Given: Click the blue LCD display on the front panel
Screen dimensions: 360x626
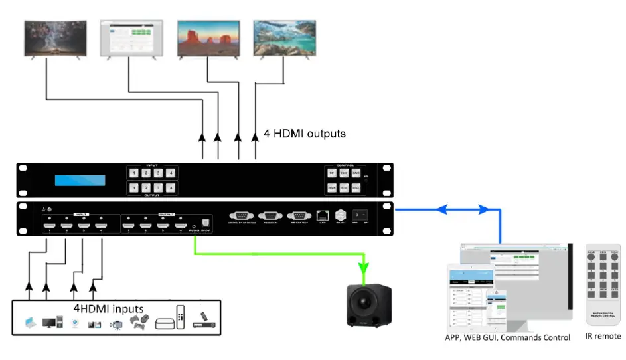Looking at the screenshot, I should (x=80, y=181).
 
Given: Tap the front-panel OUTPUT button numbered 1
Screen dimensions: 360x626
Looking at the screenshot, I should (x=135, y=189).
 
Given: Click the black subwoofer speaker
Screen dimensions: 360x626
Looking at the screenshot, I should (x=370, y=305).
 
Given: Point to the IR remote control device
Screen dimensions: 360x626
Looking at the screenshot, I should (x=603, y=286).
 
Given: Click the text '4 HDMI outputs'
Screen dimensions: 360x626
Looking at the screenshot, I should (x=305, y=134).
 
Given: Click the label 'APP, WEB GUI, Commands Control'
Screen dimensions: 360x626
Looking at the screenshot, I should (x=508, y=338).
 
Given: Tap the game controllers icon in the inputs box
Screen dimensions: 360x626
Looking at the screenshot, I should (x=139, y=322).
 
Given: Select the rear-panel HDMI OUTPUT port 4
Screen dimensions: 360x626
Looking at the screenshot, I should (x=179, y=226).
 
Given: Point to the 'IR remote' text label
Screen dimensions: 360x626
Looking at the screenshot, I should (x=603, y=337).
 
